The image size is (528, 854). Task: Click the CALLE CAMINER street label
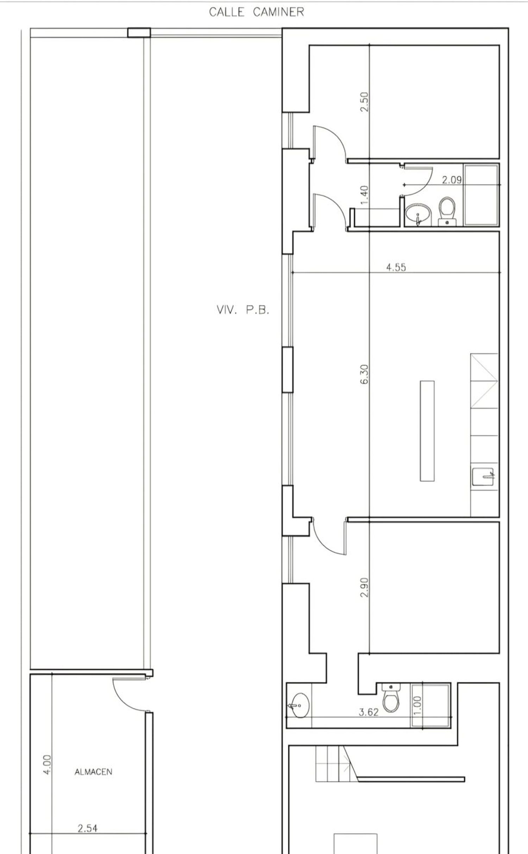click(256, 12)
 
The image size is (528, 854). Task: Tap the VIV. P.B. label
click(243, 310)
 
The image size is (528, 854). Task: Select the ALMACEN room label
click(93, 772)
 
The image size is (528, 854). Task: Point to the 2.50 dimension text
click(364, 102)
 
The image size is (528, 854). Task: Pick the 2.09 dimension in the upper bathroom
click(452, 180)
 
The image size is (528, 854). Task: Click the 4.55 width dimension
click(396, 267)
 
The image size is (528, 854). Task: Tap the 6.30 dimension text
click(364, 374)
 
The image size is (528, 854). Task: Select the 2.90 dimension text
click(364, 587)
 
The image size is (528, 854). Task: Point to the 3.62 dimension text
click(369, 712)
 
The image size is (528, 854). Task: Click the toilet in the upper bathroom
click(447, 211)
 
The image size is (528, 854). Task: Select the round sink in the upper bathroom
click(418, 214)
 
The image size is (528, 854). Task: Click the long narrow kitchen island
click(427, 431)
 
